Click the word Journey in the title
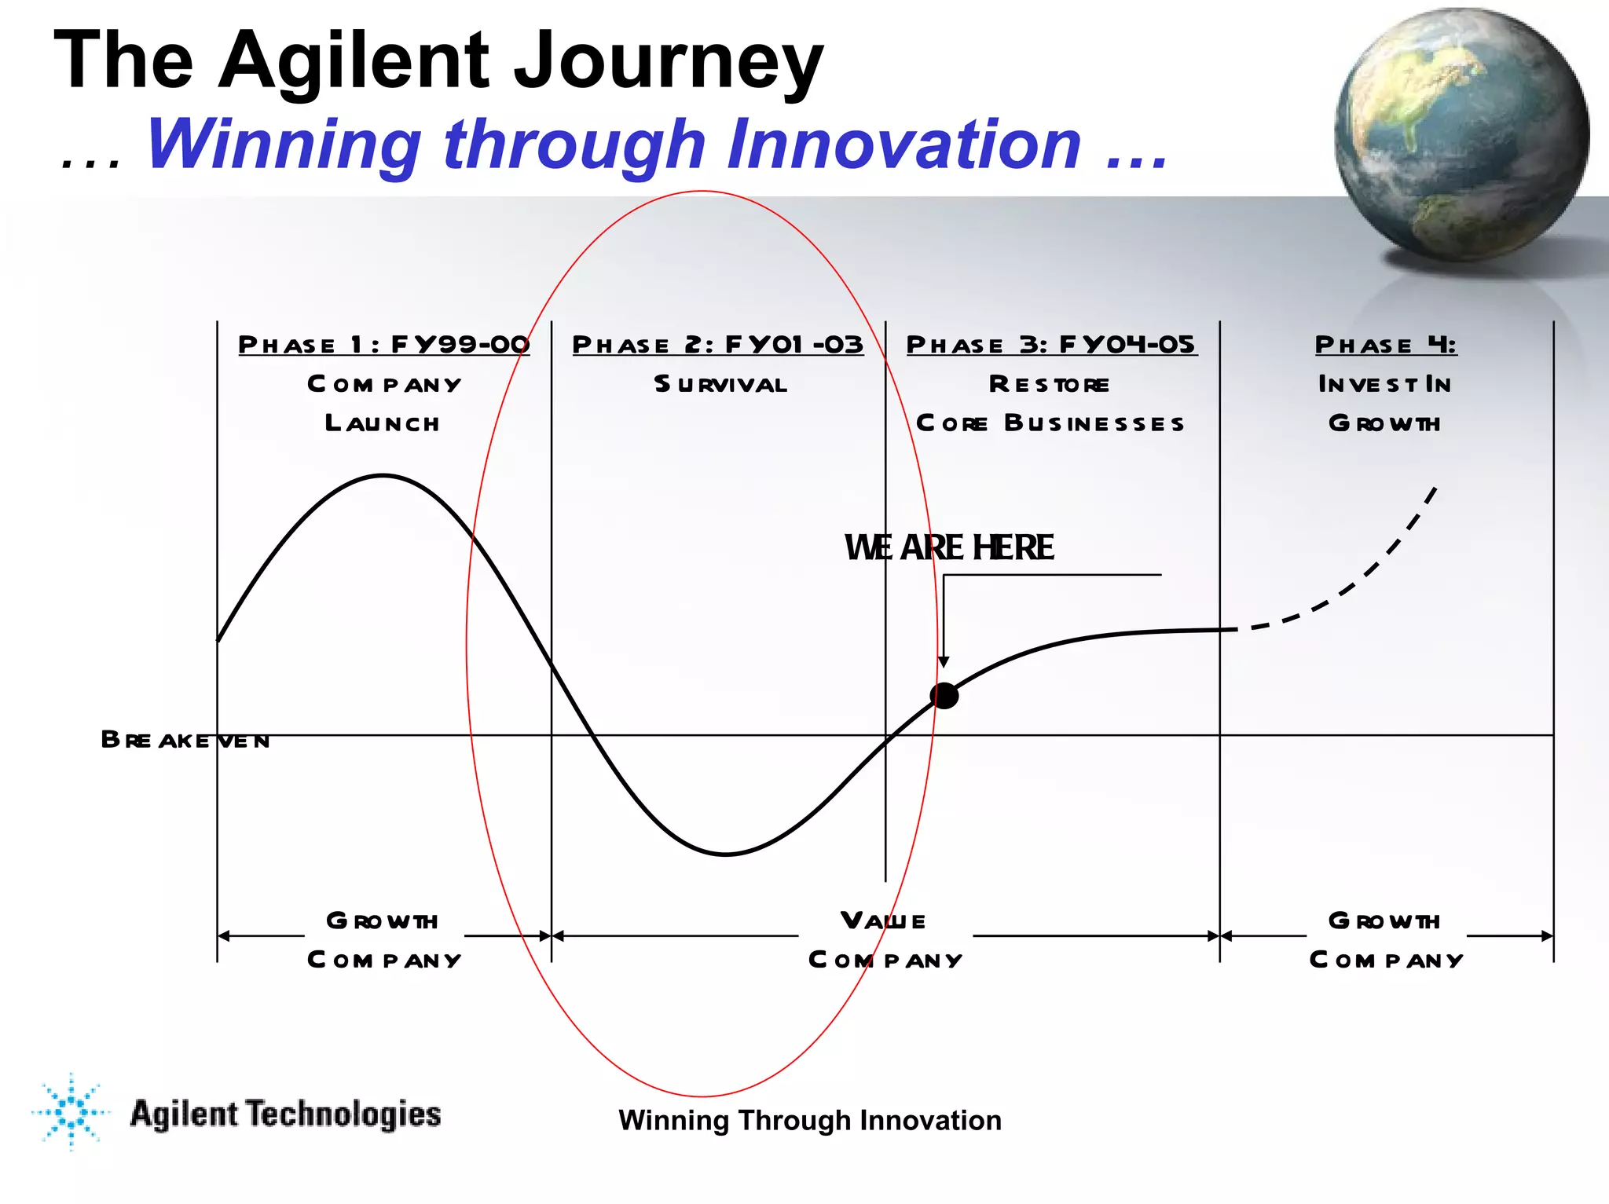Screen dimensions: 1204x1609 pyautogui.click(x=668, y=61)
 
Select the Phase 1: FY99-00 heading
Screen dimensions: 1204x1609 pyautogui.click(x=383, y=344)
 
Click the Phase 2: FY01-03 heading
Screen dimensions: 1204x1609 pyautogui.click(x=717, y=344)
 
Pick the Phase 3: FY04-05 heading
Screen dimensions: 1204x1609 pyautogui.click(x=1051, y=344)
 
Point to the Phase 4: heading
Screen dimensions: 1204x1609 pyautogui.click(x=1386, y=344)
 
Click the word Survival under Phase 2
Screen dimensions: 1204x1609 pyautogui.click(x=720, y=384)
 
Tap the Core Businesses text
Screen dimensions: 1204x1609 pyautogui.click(x=1050, y=423)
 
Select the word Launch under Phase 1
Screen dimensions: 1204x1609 pyautogui.click(x=383, y=423)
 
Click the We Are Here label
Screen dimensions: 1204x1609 pyautogui.click(x=949, y=547)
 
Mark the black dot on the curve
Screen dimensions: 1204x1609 pyautogui.click(x=944, y=695)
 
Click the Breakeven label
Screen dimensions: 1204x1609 pyautogui.click(x=185, y=740)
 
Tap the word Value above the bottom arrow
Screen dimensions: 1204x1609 pyautogui.click(x=883, y=920)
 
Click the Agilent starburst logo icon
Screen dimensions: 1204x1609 pyautogui.click(x=71, y=1111)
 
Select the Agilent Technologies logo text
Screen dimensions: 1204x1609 pyautogui.click(x=285, y=1114)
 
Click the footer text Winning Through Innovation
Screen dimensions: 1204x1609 pyautogui.click(x=809, y=1120)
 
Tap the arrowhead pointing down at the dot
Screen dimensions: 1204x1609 pyautogui.click(x=944, y=662)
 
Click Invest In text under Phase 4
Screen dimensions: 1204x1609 pyautogui.click(x=1385, y=384)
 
